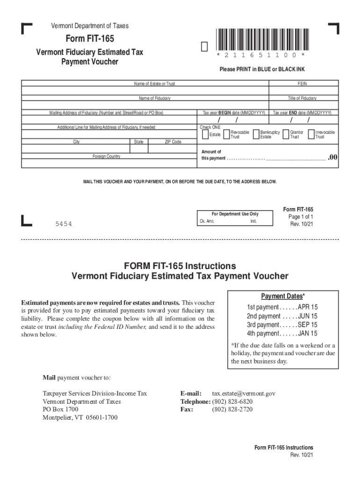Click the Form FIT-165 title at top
89,39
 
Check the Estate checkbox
205,134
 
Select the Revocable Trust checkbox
227,134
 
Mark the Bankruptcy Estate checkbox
256,134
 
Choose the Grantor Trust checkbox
286,134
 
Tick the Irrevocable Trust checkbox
311,134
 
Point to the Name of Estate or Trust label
154,84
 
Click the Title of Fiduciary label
302,98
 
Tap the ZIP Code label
173,142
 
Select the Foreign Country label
106,156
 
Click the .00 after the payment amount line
332,158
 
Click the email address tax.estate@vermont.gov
244,393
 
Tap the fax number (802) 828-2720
232,409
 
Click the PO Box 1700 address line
61,409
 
